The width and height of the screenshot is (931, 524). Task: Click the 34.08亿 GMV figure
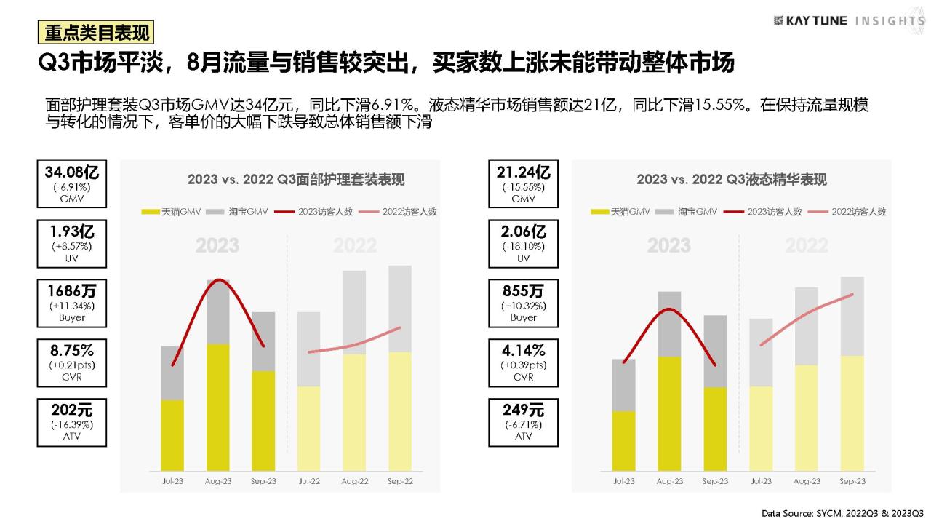[x=72, y=172]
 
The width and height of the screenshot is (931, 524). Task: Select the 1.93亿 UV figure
[x=72, y=231]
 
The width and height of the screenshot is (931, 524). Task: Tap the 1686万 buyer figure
[x=72, y=291]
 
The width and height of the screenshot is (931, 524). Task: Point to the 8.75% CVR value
[x=72, y=351]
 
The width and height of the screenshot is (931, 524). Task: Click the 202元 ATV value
[x=72, y=410]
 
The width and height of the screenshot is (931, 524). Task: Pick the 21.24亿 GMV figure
[x=523, y=172]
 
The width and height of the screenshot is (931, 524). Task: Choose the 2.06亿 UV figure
[x=523, y=231]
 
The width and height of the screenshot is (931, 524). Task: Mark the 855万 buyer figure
[x=523, y=291]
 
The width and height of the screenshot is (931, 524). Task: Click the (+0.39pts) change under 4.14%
[x=523, y=365]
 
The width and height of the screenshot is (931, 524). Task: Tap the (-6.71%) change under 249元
[x=523, y=424]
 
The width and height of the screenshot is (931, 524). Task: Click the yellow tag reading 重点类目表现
[x=96, y=33]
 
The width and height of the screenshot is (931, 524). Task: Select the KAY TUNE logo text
[x=816, y=21]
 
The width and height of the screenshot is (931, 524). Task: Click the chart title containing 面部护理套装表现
[x=296, y=180]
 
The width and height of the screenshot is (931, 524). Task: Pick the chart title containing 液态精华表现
[x=732, y=180]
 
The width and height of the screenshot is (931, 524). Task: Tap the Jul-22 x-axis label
[x=309, y=481]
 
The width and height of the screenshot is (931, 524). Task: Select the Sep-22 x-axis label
[x=400, y=481]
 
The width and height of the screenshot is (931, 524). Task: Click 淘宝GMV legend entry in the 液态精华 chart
[x=686, y=212]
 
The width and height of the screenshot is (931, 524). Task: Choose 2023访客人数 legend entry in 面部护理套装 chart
[x=313, y=212]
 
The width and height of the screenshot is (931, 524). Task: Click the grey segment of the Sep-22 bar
[x=400, y=309]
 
